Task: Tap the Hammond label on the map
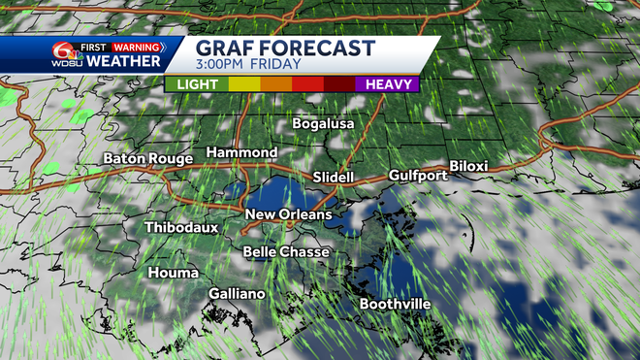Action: (241, 153)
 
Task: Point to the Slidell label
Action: (336, 178)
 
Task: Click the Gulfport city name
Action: (418, 176)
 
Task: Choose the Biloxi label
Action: (468, 167)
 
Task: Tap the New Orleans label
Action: (288, 214)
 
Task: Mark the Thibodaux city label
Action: (181, 227)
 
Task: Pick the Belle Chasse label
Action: (286, 252)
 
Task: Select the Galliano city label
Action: (238, 294)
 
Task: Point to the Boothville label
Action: (395, 305)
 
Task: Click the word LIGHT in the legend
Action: (197, 84)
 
